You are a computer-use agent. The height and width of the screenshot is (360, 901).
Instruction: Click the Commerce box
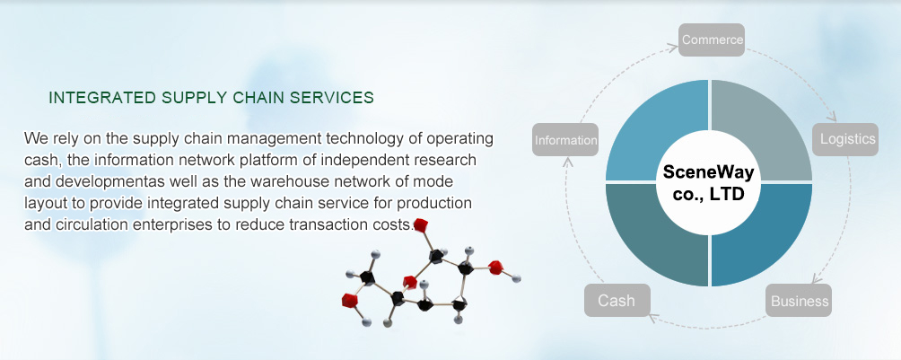[x=712, y=40]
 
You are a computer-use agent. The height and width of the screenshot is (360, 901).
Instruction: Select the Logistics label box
[x=845, y=139]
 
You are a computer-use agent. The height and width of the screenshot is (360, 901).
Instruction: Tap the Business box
[x=799, y=300]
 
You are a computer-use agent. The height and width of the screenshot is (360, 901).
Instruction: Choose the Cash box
[x=617, y=300]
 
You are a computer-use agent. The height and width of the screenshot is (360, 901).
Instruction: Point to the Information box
[x=565, y=140]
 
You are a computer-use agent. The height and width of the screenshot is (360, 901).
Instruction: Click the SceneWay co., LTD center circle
[x=708, y=183]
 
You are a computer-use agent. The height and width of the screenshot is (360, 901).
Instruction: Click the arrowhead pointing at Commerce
[x=673, y=48]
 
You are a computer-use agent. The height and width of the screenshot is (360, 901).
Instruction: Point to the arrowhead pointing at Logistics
[x=832, y=118]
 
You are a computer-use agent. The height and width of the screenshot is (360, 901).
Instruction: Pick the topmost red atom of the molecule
[x=421, y=225]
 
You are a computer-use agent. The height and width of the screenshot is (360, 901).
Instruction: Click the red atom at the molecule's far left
[x=349, y=300]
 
